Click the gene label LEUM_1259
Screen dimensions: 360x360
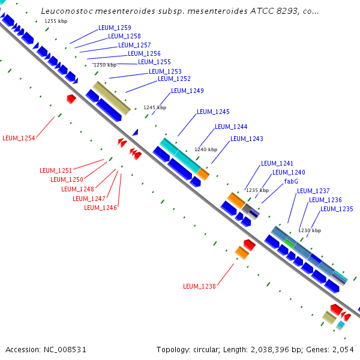115,28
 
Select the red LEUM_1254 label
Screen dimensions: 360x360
19,138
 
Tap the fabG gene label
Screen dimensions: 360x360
291,181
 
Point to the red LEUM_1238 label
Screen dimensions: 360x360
200,286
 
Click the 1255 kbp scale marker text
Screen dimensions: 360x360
56,21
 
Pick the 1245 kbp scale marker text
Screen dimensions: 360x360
155,107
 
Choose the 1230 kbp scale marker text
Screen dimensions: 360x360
310,230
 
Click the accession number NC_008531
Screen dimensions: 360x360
65,350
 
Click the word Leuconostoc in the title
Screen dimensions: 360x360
67,11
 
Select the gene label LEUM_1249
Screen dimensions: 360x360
188,91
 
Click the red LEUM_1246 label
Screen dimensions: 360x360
101,208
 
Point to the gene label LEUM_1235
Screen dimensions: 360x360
337,209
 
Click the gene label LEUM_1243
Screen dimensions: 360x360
247,139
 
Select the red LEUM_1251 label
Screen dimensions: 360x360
56,170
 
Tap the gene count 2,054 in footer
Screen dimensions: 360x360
343,350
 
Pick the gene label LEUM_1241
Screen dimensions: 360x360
277,163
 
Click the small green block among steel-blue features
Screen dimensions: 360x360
289,244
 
